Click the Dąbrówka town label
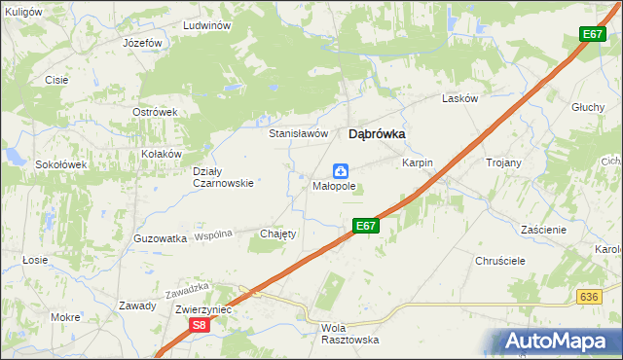coord(377,135)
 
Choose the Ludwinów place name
coord(205,25)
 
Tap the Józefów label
coord(142,45)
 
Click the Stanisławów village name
coord(298,134)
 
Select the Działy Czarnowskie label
coord(223,176)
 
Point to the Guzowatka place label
coord(160,238)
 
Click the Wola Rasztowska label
coord(349,334)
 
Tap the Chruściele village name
coord(500,262)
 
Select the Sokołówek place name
coord(61,164)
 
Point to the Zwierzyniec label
coord(202,309)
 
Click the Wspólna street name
coord(213,235)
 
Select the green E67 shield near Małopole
coord(365,226)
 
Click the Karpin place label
coord(418,163)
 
